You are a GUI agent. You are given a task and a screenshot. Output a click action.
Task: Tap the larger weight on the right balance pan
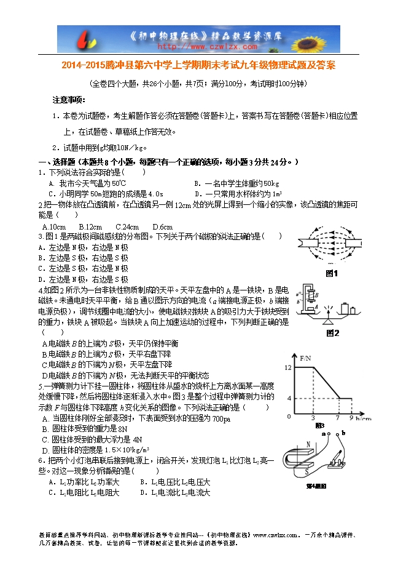(x=345, y=308)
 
